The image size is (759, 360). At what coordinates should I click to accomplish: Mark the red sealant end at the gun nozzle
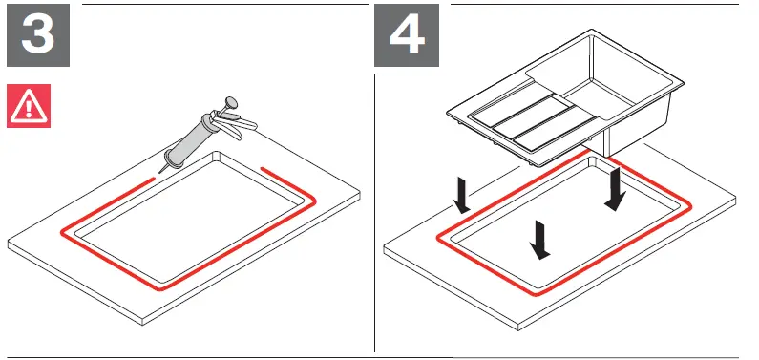(153, 178)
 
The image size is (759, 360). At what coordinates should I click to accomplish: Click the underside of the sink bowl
(630, 138)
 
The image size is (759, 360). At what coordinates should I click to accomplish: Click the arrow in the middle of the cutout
(540, 240)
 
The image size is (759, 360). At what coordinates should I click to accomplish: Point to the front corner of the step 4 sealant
(543, 295)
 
